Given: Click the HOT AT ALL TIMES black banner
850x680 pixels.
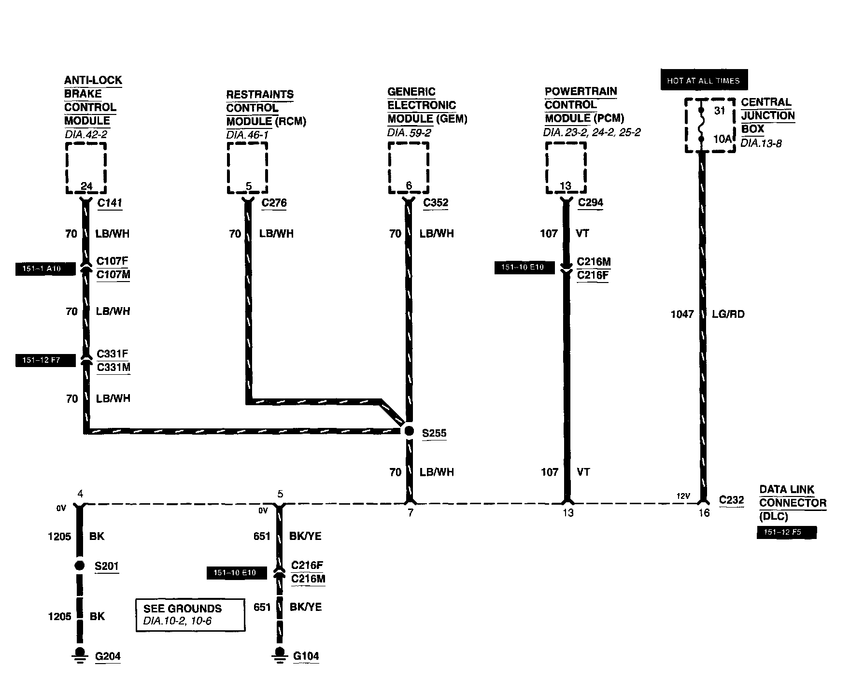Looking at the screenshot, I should click(703, 80).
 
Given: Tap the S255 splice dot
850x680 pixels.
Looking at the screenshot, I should click(409, 431).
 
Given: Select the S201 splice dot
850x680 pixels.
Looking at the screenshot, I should click(80, 566).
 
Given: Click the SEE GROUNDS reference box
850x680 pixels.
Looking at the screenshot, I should click(190, 615).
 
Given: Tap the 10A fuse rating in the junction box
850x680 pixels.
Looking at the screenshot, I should click(722, 139).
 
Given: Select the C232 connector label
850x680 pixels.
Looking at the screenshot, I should click(731, 500).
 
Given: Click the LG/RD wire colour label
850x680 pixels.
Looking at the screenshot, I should click(728, 314).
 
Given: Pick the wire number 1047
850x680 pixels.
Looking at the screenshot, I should click(682, 314).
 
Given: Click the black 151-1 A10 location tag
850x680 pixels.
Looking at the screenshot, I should click(45, 269).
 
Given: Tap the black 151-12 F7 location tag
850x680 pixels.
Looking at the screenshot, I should click(45, 360).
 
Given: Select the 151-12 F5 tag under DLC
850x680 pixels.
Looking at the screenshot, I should click(786, 533).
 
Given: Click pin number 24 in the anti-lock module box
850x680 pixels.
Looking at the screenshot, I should click(86, 186).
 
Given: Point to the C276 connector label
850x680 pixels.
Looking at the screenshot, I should click(274, 203).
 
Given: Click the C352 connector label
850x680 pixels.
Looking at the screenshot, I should click(436, 203).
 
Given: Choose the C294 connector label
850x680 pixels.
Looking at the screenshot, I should click(590, 203).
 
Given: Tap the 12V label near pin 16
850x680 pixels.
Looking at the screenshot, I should click(682, 496).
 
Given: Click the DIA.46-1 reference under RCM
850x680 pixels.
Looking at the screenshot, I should click(247, 135).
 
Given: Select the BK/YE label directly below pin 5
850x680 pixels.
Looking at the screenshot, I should click(305, 536).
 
